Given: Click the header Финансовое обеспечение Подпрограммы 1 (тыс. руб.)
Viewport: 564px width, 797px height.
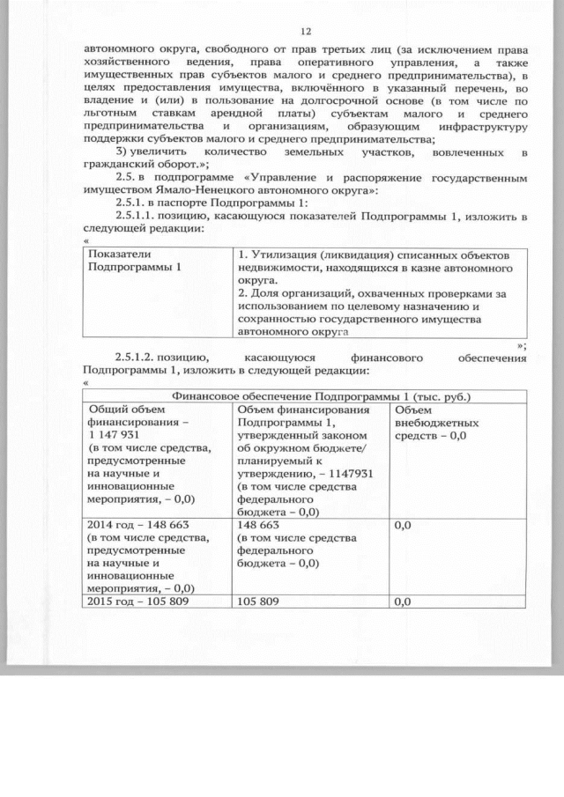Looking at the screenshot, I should coord(322,395).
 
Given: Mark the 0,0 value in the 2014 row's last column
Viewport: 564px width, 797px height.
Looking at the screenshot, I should coord(404,526).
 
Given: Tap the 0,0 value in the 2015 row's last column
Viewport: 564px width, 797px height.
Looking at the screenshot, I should coord(404,602).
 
